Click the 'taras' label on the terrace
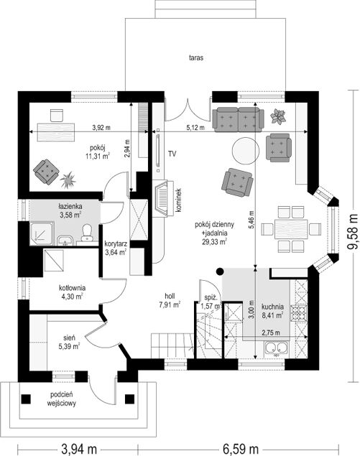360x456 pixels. [196, 57]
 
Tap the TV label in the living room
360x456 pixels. [172, 154]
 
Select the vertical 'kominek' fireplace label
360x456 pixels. [179, 200]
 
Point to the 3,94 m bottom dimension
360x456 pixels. [78, 448]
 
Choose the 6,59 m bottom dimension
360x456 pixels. [241, 448]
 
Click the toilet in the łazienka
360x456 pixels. [86, 233]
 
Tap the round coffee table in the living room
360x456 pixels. [245, 151]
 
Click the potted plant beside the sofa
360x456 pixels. [277, 116]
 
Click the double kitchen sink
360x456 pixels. [275, 348]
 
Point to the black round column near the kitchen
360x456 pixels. [220, 271]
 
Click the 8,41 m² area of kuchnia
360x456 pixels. [272, 315]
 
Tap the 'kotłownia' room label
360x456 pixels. [72, 288]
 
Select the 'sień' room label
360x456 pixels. [70, 338]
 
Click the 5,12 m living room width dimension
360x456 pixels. [195, 127]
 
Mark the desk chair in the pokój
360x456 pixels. [57, 115]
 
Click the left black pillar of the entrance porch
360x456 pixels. [26, 399]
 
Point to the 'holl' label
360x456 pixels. [170, 296]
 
